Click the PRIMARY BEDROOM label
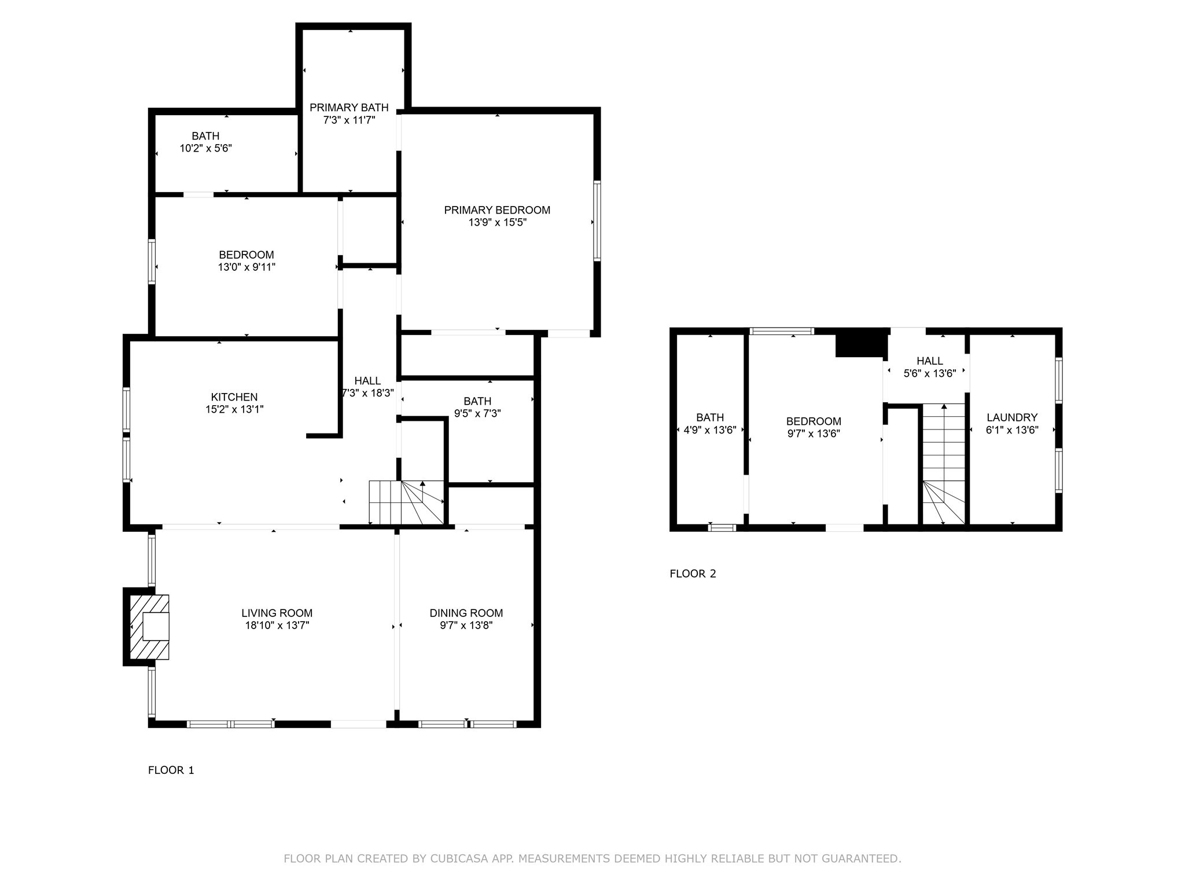497,210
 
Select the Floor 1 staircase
406,502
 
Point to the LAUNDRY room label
1012,417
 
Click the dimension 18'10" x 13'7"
277,625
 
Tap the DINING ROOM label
466,613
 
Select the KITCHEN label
234,397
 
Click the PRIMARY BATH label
349,108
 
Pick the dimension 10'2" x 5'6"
206,148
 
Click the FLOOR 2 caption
693,574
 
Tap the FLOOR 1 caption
171,770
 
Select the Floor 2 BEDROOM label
813,421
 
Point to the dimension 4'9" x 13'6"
710,430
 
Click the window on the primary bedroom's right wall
597,220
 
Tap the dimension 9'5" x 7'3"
477,413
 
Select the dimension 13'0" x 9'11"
246,267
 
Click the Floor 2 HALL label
930,361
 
